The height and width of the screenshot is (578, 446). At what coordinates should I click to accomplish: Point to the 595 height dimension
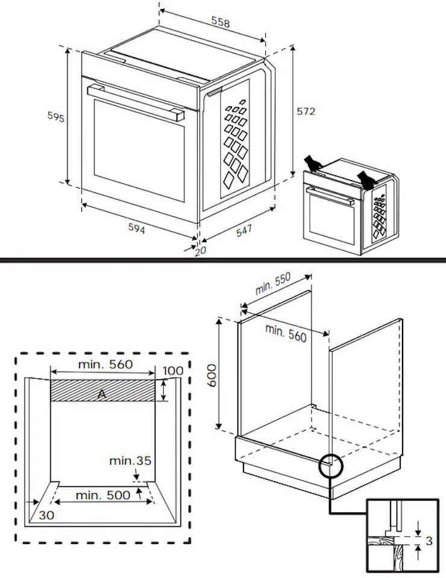coord(56,117)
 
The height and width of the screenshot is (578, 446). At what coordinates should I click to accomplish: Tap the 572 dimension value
coord(306,111)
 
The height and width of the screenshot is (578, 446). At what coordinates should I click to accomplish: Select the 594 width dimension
coord(136,228)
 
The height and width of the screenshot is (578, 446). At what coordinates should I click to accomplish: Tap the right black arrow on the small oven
coord(365,178)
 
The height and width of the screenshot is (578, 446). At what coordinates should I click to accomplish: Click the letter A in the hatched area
coord(102,393)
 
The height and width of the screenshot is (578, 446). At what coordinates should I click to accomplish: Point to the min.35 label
coord(130,461)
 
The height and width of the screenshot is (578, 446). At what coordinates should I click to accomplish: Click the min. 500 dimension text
coord(102,496)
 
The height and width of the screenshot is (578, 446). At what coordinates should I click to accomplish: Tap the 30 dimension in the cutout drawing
coord(46,515)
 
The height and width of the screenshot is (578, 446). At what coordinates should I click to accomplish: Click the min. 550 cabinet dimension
coord(273,284)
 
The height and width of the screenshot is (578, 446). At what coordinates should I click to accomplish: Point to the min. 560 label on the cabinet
coord(286,332)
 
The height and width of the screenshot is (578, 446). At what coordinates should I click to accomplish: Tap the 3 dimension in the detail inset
coord(429,541)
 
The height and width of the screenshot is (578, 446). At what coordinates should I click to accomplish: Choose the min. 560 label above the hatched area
coord(105,364)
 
